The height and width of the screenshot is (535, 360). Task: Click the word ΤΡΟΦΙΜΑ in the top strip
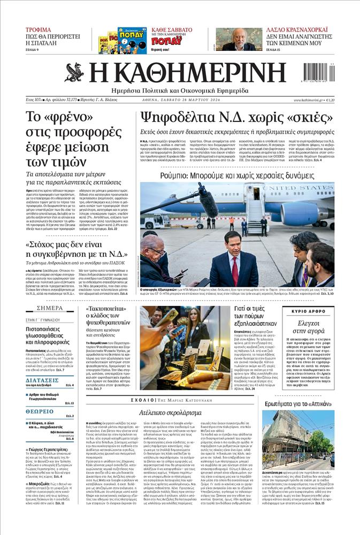point(39,30)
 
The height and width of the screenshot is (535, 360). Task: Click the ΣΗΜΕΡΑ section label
point(50,308)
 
